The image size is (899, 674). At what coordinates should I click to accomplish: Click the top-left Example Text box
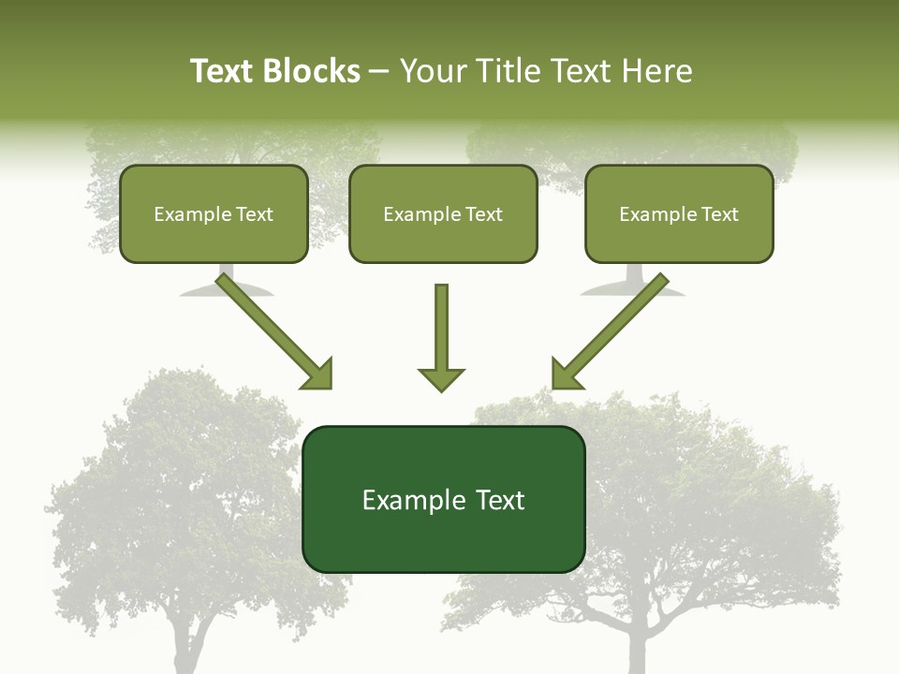pyautogui.click(x=214, y=213)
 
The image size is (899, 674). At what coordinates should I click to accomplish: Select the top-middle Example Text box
pyautogui.click(x=443, y=213)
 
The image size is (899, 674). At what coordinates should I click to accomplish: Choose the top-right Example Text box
pyautogui.click(x=679, y=213)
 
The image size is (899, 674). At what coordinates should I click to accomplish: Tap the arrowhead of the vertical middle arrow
pyautogui.click(x=441, y=378)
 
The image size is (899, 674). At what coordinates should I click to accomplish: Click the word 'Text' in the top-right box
pyautogui.click(x=720, y=214)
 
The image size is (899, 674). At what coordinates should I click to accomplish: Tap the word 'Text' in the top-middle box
pyautogui.click(x=484, y=214)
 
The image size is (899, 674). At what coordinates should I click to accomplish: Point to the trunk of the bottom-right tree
pyautogui.click(x=638, y=646)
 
